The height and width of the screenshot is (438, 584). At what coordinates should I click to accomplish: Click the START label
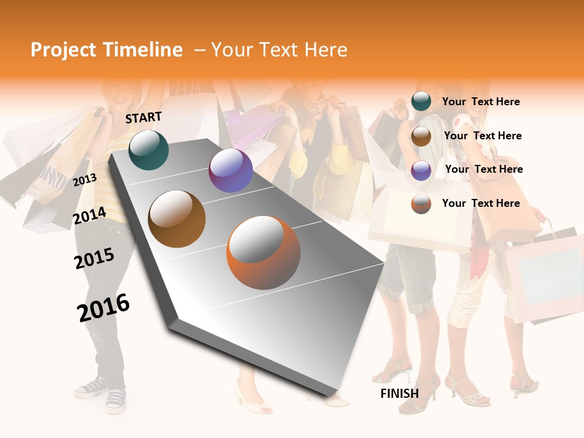(x=144, y=117)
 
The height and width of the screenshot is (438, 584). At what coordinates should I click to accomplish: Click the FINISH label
(x=399, y=394)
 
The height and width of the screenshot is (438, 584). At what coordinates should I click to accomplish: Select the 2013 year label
(x=85, y=179)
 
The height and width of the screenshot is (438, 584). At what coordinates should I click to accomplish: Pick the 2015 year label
(x=94, y=259)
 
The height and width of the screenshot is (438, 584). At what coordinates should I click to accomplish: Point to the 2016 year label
(x=103, y=307)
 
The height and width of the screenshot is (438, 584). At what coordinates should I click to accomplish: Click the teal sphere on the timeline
(x=148, y=150)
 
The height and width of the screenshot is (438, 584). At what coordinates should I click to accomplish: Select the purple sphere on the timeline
(x=231, y=170)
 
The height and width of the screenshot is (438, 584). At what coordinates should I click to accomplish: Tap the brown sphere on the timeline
(x=177, y=219)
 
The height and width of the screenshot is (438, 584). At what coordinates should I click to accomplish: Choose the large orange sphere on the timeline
(x=263, y=252)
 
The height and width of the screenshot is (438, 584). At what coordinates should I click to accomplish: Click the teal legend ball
(x=421, y=102)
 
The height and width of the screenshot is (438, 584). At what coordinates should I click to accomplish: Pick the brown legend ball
(x=421, y=136)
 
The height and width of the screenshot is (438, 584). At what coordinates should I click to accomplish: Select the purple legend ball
(x=421, y=170)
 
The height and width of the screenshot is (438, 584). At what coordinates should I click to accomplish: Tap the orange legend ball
(x=421, y=204)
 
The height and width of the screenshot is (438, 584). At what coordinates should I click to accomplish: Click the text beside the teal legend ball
(x=481, y=102)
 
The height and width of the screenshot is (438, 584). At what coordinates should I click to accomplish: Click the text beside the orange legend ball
(x=481, y=203)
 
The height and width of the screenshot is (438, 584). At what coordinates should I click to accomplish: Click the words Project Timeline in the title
(x=106, y=50)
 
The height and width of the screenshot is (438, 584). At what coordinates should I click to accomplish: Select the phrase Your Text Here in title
(x=279, y=50)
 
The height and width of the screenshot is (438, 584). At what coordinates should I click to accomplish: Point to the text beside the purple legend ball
(x=484, y=169)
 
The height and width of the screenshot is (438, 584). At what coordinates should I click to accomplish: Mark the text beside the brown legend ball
(x=482, y=136)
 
